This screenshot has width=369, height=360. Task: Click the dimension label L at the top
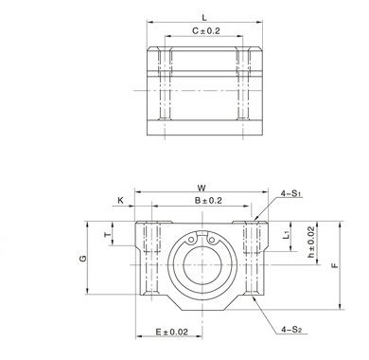point(204,17)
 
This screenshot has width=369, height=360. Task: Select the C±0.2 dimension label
point(206,31)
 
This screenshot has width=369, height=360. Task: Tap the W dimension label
point(202,188)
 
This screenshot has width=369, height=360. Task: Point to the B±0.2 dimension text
point(208,201)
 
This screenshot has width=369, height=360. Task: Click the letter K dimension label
point(120,201)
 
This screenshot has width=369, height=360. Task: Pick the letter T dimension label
point(108,234)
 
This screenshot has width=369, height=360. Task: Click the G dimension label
point(82,259)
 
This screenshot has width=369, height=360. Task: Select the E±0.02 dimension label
point(172,332)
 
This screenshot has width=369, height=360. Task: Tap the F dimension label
point(335,265)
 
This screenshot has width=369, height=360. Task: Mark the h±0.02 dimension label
point(311,242)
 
